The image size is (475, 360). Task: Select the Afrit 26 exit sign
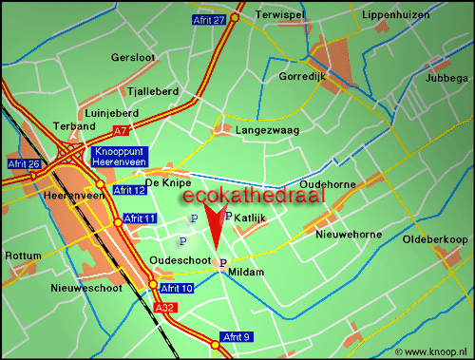click(22, 164)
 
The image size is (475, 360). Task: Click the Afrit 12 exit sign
click(128, 191)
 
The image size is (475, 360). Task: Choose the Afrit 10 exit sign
click(177, 288)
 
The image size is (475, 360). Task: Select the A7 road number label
click(120, 130)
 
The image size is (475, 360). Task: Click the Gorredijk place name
click(301, 76)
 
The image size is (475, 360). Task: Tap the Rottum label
click(23, 256)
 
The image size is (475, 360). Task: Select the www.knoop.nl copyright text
click(433, 351)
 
